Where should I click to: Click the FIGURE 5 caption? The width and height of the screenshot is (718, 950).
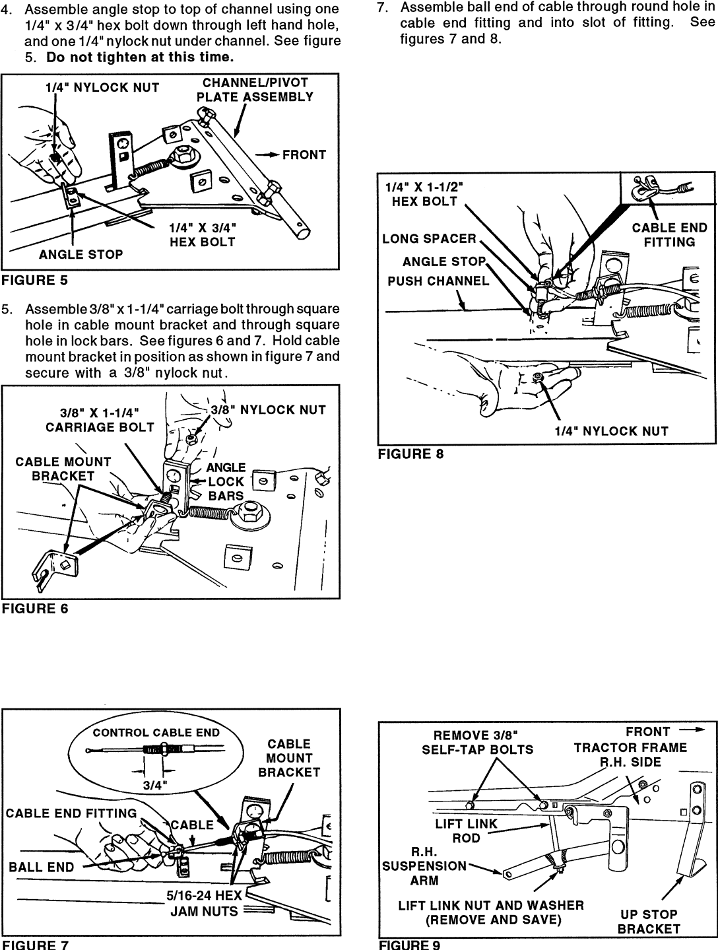[34, 280]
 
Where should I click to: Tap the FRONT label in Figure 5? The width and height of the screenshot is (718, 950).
[304, 155]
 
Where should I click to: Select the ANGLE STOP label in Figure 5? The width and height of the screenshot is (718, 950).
[81, 254]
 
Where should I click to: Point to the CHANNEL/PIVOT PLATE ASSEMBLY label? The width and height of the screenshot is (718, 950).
[255, 90]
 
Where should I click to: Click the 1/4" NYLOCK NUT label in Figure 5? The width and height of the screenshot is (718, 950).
[102, 88]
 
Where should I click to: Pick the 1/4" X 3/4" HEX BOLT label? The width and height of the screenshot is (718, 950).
[203, 234]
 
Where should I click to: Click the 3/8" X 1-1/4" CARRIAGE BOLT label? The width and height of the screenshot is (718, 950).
[100, 419]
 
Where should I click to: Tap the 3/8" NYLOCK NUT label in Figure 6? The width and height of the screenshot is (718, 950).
[268, 410]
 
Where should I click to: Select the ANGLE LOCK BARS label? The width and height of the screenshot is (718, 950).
[226, 481]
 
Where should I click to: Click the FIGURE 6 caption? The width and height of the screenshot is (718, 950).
[34, 608]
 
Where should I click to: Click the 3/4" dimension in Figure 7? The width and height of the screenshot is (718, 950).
[156, 785]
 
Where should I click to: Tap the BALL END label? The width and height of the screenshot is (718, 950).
[42, 867]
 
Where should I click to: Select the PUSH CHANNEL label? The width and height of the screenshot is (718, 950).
[438, 281]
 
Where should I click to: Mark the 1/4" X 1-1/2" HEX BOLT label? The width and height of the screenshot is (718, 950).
[424, 194]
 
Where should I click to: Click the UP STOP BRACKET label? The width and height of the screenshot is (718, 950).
[649, 922]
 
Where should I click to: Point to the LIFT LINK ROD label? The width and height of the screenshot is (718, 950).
[466, 831]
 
